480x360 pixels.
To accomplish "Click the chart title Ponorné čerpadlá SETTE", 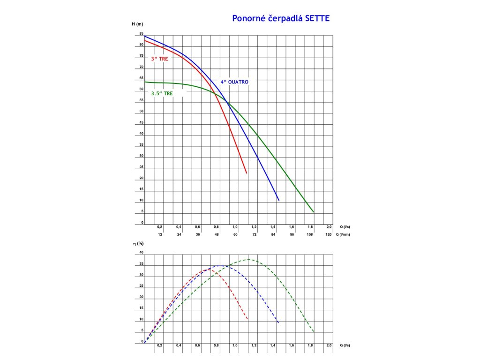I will click(x=281, y=18).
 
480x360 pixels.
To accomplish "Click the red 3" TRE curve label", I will click(x=159, y=59).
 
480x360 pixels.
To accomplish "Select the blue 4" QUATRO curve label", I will click(x=234, y=82).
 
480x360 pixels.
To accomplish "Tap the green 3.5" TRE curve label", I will click(x=161, y=93).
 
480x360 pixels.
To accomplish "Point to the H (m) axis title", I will click(x=137, y=23).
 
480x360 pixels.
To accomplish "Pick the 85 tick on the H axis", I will click(x=141, y=34).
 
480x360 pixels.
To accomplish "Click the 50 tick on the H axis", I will click(x=141, y=112).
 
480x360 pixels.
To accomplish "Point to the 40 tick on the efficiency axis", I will click(x=141, y=252).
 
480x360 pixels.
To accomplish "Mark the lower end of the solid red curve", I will click(x=247, y=173).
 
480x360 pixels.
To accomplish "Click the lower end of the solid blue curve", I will click(x=279, y=200).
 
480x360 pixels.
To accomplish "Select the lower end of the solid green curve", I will click(x=313, y=212).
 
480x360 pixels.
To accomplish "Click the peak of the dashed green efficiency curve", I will click(x=249, y=259).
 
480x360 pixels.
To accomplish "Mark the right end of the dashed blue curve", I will click(x=279, y=323).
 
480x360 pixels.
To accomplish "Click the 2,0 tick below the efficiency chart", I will click(x=329, y=345).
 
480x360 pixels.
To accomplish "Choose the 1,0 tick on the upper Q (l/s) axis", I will click(x=235, y=226).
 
